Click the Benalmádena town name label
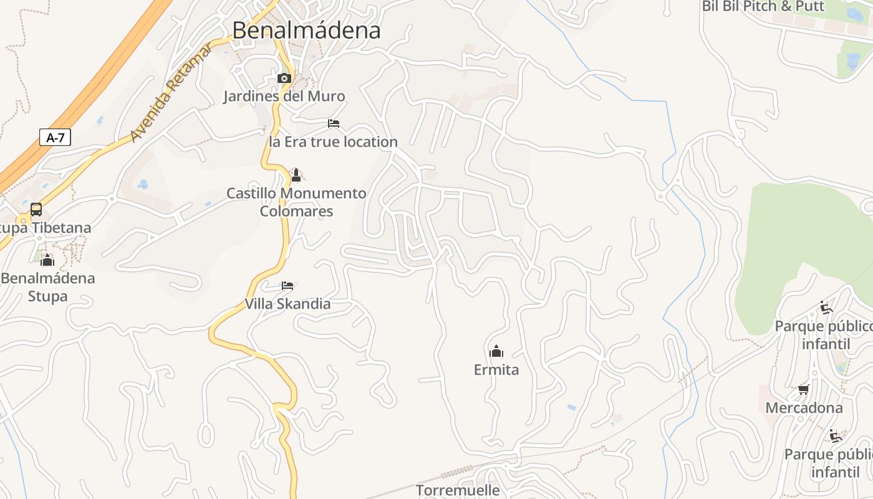[306, 30]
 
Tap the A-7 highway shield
[55, 138]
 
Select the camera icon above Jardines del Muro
[284, 78]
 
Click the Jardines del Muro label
[284, 96]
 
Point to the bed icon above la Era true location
[334, 124]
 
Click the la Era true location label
[333, 142]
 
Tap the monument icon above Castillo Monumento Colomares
[296, 175]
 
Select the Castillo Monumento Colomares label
[296, 202]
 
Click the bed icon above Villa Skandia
[287, 286]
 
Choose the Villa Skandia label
[287, 304]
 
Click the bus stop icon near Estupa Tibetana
[36, 210]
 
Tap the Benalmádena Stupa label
[47, 287]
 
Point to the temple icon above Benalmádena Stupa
[47, 259]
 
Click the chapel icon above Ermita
[496, 351]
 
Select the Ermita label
[496, 370]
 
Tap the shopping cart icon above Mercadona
[804, 390]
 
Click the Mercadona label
[804, 408]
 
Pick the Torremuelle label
[458, 490]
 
